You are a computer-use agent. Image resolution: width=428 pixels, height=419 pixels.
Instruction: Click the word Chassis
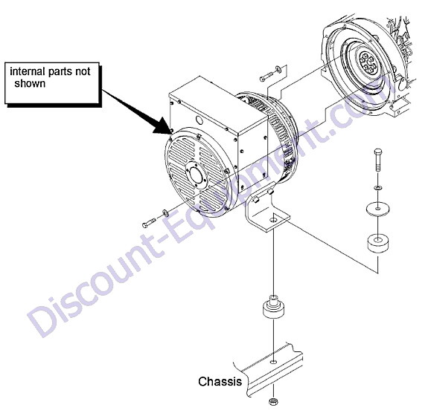coord(220,381)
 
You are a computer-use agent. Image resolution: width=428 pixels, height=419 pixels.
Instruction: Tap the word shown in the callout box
coord(30,83)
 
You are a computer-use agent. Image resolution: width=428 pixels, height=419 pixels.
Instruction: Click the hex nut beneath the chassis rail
coord(272,401)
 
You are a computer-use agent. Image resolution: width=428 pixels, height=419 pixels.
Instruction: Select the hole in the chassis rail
coord(273,362)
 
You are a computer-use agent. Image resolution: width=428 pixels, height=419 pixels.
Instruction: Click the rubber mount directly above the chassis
coord(273,307)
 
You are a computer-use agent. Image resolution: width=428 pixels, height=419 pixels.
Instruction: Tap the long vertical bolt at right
coord(378,160)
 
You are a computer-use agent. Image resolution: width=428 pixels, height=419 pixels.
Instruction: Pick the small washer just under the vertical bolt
coord(378,188)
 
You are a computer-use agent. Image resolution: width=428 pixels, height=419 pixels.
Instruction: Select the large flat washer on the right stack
coord(378,209)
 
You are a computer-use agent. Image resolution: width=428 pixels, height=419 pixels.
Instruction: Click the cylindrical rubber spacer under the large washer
coord(378,243)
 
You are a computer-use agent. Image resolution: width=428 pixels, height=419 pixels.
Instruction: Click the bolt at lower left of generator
coord(148,223)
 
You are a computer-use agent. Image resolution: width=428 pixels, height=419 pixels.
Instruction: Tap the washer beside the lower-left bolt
coord(165,212)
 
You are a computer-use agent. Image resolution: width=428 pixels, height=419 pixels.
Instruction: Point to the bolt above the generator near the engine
coord(266,77)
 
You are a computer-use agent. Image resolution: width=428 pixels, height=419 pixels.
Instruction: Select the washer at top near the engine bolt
coord(278,68)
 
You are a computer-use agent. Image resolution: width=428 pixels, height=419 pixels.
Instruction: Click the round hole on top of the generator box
coord(199,120)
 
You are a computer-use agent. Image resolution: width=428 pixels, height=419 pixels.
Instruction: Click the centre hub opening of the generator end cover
coord(196,175)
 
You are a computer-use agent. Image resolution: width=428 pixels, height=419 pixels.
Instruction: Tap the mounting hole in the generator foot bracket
coord(273,220)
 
